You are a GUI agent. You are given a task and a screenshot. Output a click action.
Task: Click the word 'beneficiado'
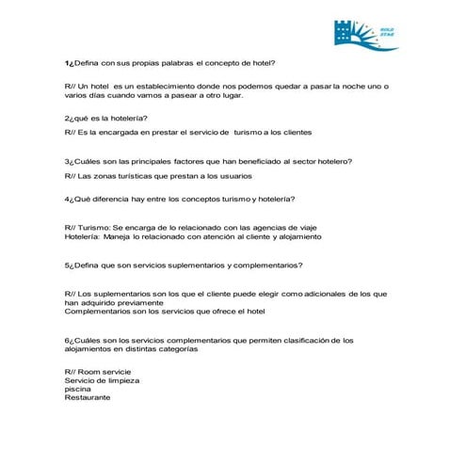click(x=269, y=160)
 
